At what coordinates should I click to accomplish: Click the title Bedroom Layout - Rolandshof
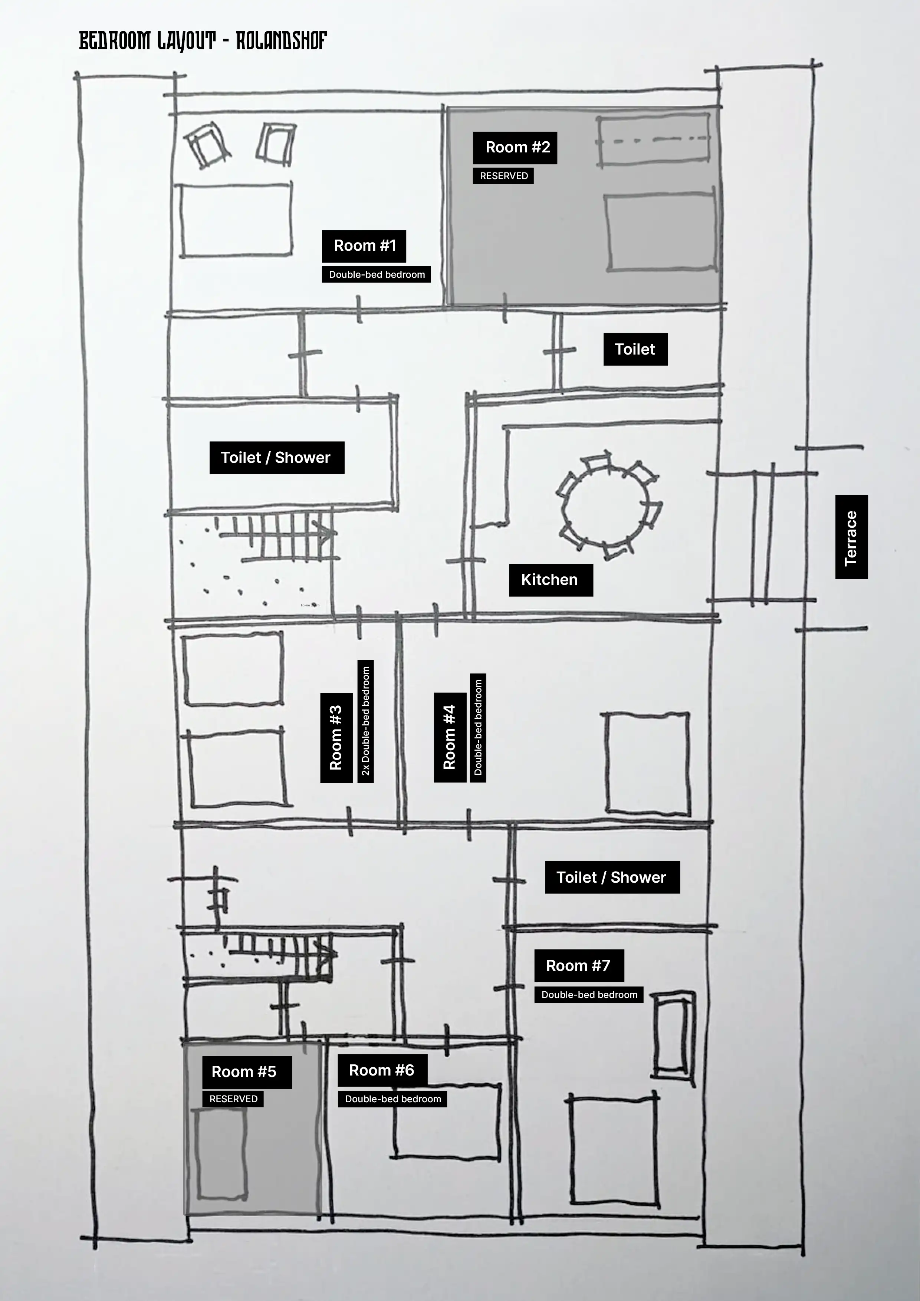[x=203, y=41]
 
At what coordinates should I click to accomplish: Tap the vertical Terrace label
[x=851, y=537]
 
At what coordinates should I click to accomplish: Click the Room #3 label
[x=336, y=737]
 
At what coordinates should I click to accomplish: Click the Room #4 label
[x=450, y=737]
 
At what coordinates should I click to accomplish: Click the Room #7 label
[x=579, y=965]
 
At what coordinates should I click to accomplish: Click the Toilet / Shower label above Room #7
[x=612, y=877]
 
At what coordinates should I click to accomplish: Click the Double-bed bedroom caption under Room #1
[x=377, y=274]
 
